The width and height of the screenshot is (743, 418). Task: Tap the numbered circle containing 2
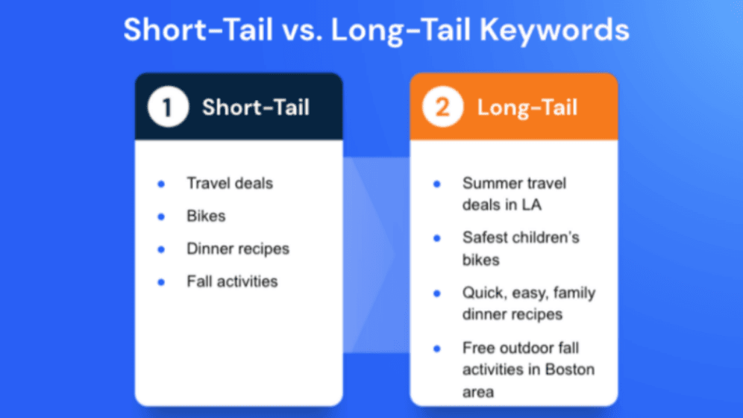442,107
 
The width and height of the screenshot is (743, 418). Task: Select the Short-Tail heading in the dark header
256,107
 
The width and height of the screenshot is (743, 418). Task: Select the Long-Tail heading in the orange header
527,107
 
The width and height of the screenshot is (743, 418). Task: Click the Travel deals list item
230,183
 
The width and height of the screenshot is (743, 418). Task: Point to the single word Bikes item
206,216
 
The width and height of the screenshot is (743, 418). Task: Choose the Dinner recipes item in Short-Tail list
237,249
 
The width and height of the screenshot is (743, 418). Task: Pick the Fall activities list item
232,281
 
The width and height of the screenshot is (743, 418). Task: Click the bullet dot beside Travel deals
161,184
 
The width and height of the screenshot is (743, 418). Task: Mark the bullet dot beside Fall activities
161,282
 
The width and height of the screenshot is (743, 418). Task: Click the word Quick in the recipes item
482,293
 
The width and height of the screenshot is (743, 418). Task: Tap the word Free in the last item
479,348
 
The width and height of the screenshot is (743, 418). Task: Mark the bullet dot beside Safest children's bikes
437,239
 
